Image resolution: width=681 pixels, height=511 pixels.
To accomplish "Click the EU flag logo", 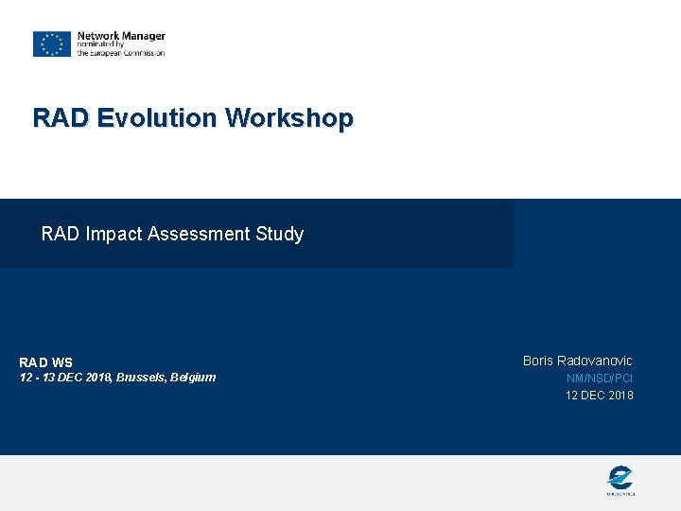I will [x=52, y=44].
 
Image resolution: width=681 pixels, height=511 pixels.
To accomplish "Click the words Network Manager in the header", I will [x=121, y=36].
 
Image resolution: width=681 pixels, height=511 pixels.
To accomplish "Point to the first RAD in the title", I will [x=61, y=118].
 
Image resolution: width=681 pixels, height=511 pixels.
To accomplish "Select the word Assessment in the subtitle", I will [x=199, y=234].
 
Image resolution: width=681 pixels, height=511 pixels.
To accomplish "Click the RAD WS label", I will [x=45, y=362].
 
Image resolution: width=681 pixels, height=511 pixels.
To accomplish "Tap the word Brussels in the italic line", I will [x=141, y=378].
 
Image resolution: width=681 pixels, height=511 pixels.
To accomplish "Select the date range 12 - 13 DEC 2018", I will [x=65, y=378].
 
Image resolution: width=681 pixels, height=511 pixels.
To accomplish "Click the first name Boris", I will [x=538, y=361].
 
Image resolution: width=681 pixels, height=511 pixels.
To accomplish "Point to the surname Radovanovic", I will [x=595, y=361].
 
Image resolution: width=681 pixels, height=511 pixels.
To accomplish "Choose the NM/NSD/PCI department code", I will [x=600, y=379].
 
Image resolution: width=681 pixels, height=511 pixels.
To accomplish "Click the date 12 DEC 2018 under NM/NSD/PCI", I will [x=600, y=396].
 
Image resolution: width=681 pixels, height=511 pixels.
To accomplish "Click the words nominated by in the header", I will [x=101, y=44].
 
